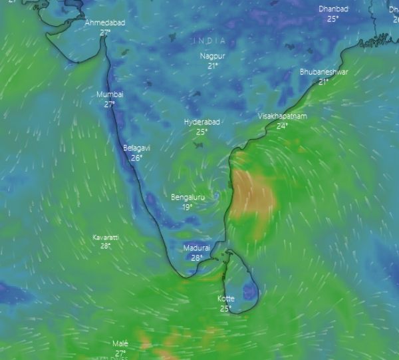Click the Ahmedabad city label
(x=104, y=23)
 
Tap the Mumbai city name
(x=110, y=94)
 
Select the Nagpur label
(x=213, y=56)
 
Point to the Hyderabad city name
(x=202, y=122)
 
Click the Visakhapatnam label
(x=283, y=116)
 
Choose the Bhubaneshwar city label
(x=324, y=72)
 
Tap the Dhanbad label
(x=333, y=9)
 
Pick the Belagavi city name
(x=136, y=148)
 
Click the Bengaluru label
(x=188, y=198)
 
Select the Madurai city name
(x=197, y=248)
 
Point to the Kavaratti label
(x=105, y=238)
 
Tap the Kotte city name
(x=226, y=299)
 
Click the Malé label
(x=120, y=344)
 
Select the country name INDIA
(x=210, y=41)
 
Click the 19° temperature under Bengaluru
(x=188, y=207)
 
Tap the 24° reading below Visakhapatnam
(x=283, y=126)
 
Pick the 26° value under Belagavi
(x=136, y=158)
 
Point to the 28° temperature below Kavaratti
(x=105, y=246)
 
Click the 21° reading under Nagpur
(x=213, y=66)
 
